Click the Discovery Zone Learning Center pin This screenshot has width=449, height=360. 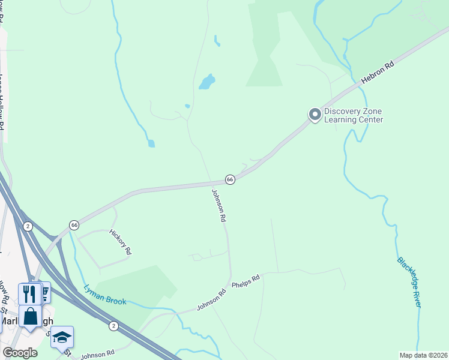point(314,115)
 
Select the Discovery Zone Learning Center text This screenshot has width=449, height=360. point(353,116)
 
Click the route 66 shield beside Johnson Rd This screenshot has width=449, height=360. point(229,179)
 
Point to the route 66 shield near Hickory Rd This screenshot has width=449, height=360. point(74,224)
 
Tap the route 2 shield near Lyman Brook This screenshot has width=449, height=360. point(113,326)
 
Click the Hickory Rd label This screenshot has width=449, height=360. point(120,242)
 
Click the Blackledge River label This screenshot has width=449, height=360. point(409,282)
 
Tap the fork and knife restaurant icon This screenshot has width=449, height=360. point(29,293)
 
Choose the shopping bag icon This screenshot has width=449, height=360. point(30,316)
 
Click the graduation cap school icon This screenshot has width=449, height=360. point(61,337)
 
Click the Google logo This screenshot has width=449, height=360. point(20,353)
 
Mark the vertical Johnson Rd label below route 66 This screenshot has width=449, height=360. point(219,206)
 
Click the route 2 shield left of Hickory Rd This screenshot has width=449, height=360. point(28,226)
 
